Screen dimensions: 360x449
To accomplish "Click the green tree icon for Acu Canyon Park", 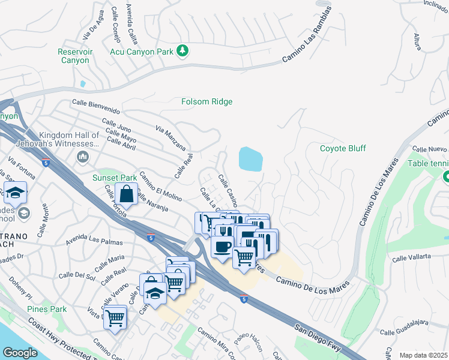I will point(182,52).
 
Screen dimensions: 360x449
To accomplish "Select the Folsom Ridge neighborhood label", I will point(206,101).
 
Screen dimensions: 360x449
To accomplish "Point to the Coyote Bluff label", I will point(342,148).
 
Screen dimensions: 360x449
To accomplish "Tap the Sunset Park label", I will point(115,178).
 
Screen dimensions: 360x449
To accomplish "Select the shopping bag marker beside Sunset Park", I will point(127,194).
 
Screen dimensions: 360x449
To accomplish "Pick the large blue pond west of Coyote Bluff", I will point(250,159).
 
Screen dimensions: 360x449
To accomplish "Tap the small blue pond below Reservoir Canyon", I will point(82,83).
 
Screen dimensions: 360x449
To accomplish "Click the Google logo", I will point(20,353).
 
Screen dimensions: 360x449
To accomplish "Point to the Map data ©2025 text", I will point(423,355).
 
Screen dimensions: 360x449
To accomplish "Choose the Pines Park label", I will point(47,309).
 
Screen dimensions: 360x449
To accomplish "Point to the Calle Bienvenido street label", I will point(95,107).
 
